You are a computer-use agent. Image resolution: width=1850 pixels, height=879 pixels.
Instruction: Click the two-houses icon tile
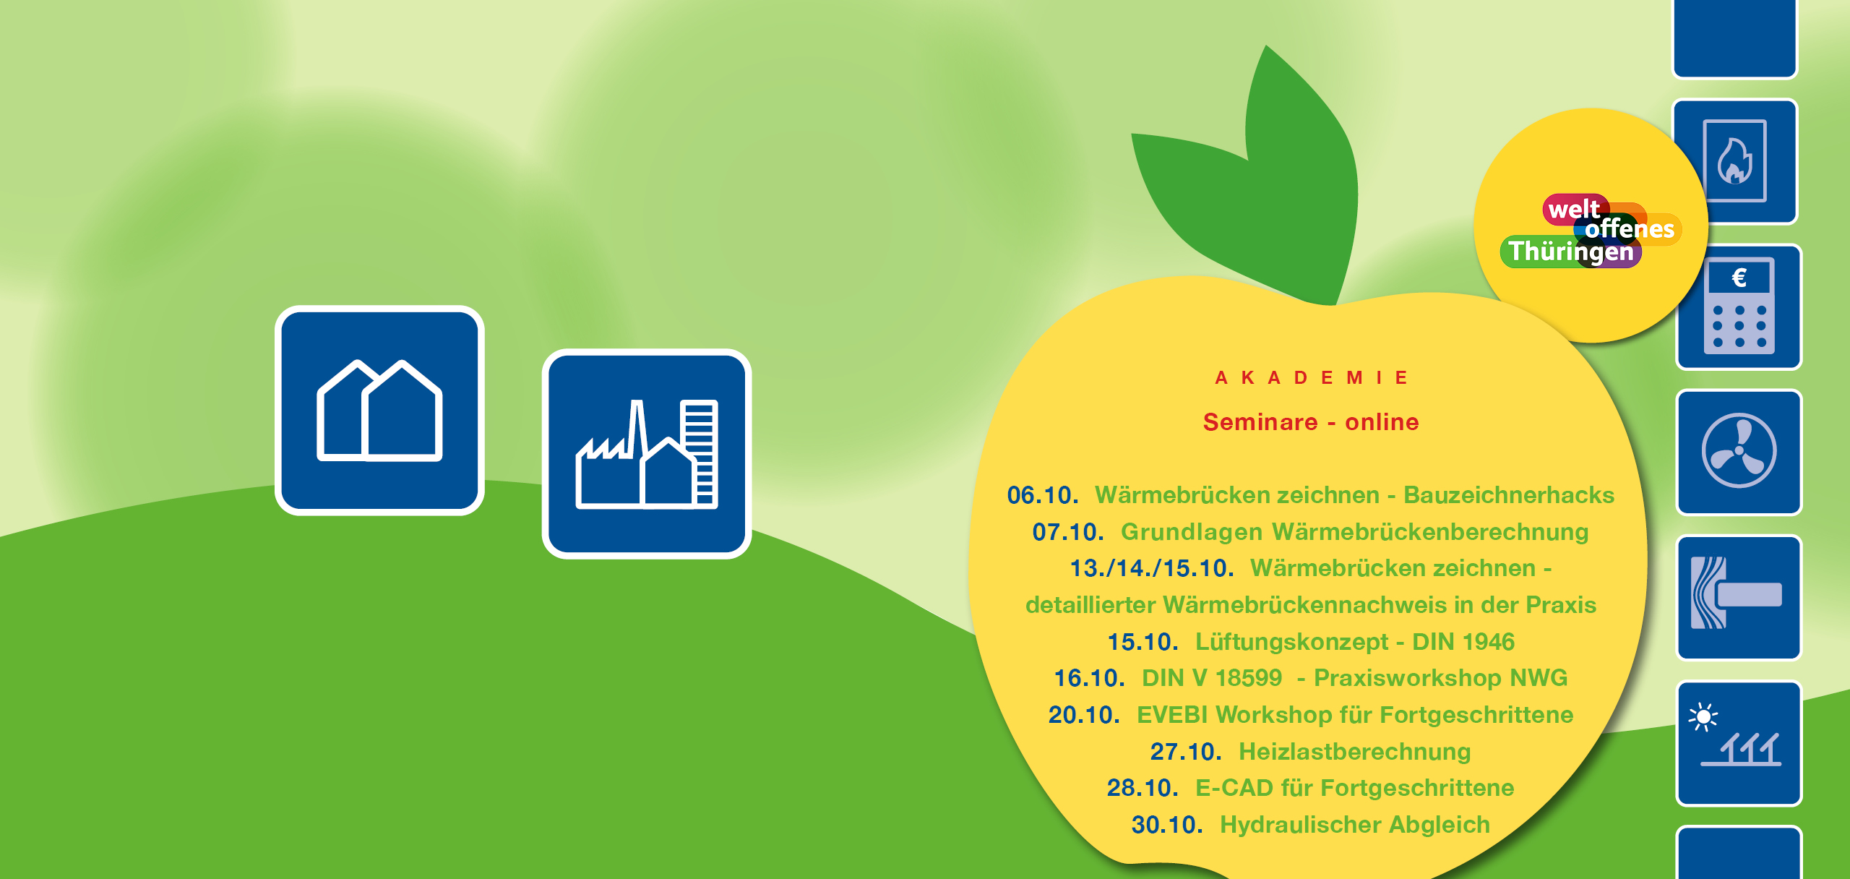point(379,411)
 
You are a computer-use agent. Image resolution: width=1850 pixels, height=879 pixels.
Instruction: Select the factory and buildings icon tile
point(647,454)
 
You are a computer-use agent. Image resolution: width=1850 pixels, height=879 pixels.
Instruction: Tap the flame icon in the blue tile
point(1734,161)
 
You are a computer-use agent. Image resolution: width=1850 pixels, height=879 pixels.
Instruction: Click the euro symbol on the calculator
point(1739,278)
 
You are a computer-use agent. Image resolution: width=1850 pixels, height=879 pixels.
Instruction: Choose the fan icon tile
point(1739,453)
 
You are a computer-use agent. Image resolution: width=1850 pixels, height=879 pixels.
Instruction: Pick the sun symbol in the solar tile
point(1703,717)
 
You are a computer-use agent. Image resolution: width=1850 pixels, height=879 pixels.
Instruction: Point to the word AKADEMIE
point(1312,377)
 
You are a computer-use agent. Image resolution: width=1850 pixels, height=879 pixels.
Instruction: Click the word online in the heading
point(1382,422)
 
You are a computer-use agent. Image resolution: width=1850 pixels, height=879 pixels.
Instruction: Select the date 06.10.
point(1043,495)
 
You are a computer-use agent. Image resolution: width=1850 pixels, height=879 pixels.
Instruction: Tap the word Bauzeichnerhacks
point(1509,495)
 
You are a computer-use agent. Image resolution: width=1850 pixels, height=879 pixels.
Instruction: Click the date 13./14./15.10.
point(1152,568)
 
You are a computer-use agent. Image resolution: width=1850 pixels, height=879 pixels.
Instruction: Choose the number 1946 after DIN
point(1487,642)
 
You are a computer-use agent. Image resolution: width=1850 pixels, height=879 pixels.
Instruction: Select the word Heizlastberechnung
point(1355,752)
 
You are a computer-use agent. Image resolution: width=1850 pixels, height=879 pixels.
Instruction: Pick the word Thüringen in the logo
point(1571,252)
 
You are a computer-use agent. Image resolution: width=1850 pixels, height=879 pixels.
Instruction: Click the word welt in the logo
point(1574,209)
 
